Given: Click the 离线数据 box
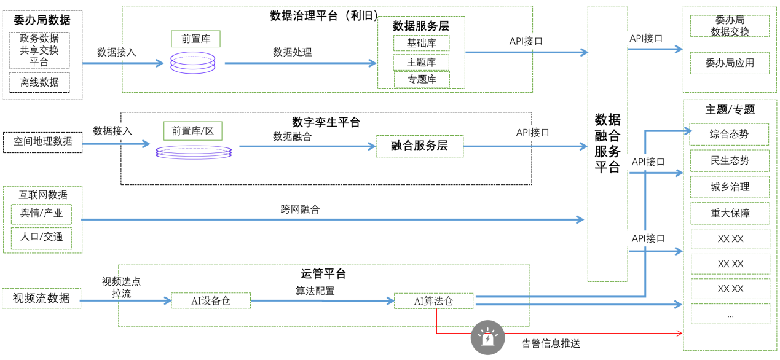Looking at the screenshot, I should pos(39,82).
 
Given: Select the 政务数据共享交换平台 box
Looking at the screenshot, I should pos(39,50).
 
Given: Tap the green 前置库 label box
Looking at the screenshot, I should pos(195,39).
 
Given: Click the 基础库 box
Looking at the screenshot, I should pos(421,43).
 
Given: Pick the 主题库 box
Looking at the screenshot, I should pos(421,62).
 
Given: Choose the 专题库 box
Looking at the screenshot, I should pos(422,79).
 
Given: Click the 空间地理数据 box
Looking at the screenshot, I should pos(42,141).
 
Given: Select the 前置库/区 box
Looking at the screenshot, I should pos(193,131).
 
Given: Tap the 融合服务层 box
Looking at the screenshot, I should pos(419,146).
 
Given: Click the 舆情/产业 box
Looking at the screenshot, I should pos(41,214).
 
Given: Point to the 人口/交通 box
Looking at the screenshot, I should pos(41,238).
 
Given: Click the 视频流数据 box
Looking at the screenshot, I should pos(41,299).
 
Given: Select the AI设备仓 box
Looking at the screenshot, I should pos(211,301).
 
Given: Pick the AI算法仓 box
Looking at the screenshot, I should pos(433,301).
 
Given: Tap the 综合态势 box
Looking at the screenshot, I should pos(730,134).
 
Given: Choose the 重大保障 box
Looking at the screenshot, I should pos(730,213).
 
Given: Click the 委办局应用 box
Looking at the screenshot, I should pos(730,63).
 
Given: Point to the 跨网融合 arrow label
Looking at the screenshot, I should pos(300,209).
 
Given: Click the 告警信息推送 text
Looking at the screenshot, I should pos(551,343).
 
